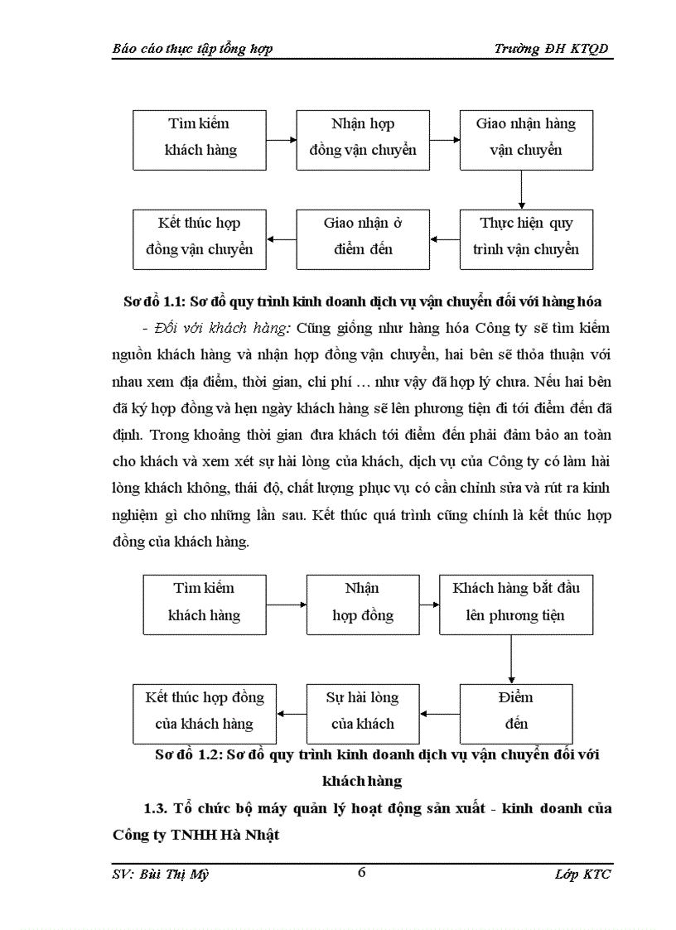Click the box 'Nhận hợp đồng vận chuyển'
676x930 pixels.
[x=363, y=138]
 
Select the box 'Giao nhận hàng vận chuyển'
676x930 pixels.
[x=526, y=138]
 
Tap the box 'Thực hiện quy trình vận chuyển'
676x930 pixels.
[x=526, y=238]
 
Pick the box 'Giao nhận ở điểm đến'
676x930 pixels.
[x=363, y=238]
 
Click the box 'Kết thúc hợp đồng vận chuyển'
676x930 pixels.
[x=200, y=238]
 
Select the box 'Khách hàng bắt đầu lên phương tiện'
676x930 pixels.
[x=516, y=604]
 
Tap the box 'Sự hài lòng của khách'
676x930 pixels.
[x=363, y=712]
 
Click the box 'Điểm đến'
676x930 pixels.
[x=516, y=712]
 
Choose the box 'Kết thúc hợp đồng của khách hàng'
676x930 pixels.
[x=205, y=712]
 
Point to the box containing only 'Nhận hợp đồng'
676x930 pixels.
[x=363, y=604]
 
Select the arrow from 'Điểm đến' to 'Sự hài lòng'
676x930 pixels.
[x=440, y=713]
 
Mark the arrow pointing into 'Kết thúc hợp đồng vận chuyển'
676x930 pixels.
[x=282, y=240]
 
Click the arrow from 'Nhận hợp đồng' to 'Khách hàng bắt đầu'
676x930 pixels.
[x=429, y=605]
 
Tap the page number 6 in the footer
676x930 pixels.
[x=361, y=872]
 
